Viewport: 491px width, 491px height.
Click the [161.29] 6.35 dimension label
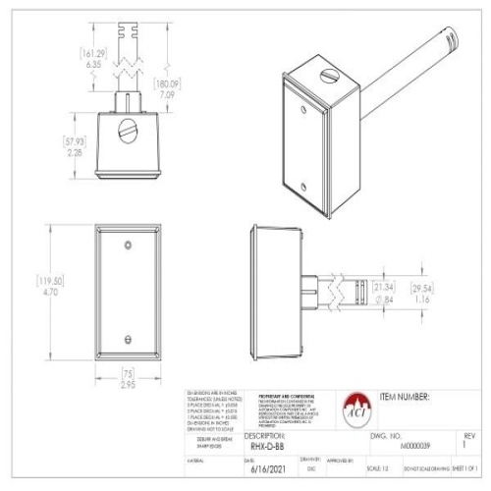pyautogui.click(x=93, y=57)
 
